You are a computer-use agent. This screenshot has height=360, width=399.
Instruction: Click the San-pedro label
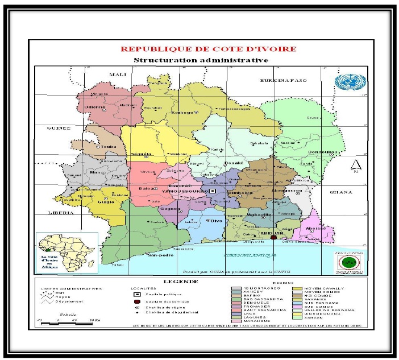tap(161, 255)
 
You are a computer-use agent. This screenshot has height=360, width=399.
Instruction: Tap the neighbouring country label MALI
tap(117, 75)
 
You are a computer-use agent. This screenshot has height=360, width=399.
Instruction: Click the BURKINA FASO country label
tap(283, 81)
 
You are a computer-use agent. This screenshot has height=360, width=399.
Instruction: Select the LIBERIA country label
tap(60, 213)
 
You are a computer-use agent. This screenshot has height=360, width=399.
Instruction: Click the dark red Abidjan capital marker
tap(273, 238)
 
